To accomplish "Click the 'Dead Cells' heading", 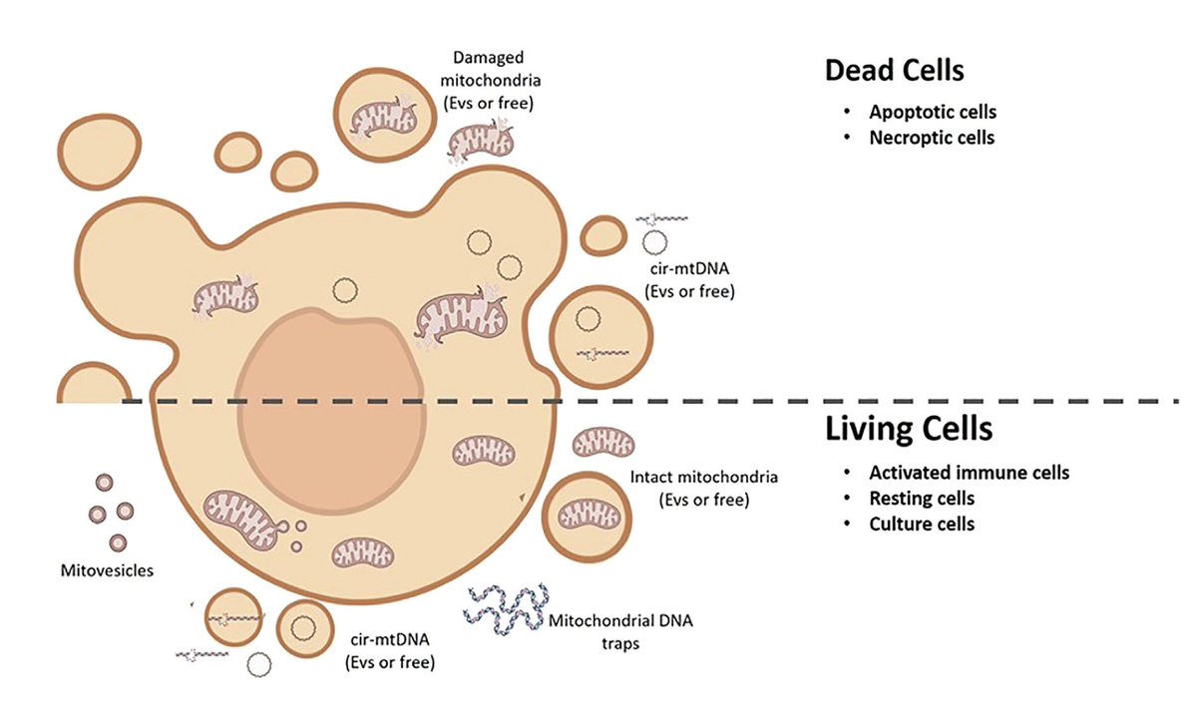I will point(894,71).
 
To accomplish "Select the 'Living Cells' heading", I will point(908,430).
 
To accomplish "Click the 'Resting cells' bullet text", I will point(921,498).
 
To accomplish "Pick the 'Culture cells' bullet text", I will point(921,524).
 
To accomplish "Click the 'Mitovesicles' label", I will point(106,571).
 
